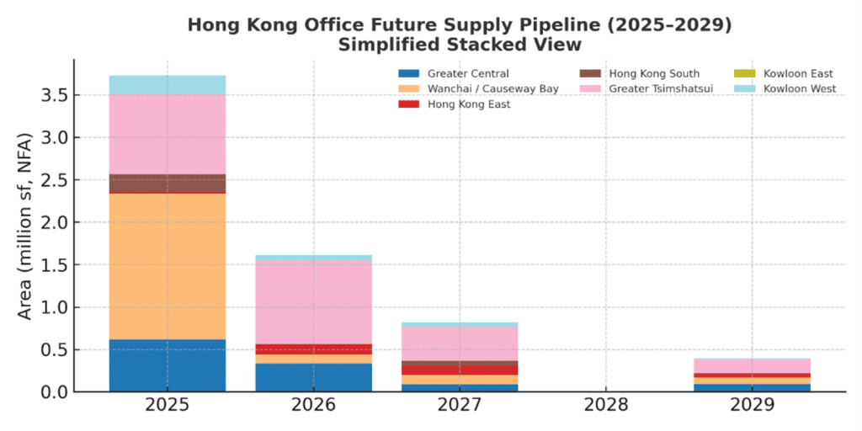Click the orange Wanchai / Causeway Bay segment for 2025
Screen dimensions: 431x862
(x=167, y=266)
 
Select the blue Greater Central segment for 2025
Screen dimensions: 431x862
(x=167, y=365)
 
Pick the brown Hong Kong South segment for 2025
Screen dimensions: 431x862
(x=167, y=183)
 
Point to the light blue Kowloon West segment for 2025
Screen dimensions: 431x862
(x=167, y=84)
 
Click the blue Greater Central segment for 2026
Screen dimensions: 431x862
(x=313, y=377)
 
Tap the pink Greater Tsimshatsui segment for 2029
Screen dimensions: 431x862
(x=753, y=365)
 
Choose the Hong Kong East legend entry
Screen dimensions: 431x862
(x=468, y=104)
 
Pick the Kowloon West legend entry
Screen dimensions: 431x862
(x=799, y=89)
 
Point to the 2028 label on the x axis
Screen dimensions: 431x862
(x=606, y=405)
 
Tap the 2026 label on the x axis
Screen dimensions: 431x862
(x=313, y=405)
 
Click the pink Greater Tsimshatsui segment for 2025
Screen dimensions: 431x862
(x=167, y=134)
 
